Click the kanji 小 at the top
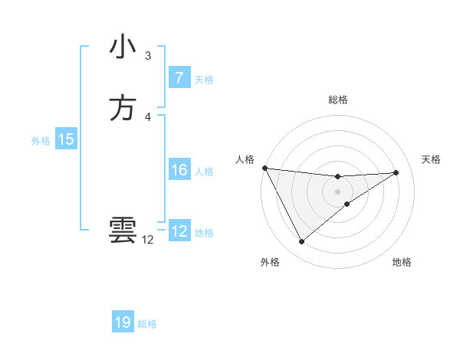[123, 47]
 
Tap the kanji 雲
[123, 231]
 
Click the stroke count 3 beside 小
[148, 56]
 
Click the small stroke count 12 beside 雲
[148, 240]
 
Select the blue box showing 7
[179, 78]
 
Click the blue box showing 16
[179, 170]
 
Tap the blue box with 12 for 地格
[179, 231]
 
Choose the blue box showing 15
[66, 139]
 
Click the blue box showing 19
[123, 322]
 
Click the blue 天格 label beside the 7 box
[204, 80]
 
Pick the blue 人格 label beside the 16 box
[204, 172]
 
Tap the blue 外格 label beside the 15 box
[41, 141]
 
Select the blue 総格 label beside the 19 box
[147, 324]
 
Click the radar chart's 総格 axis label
[338, 100]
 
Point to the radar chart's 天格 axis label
[432, 159]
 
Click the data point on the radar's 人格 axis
[264, 168]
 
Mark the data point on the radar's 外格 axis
[301, 242]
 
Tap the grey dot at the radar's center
[338, 191]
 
